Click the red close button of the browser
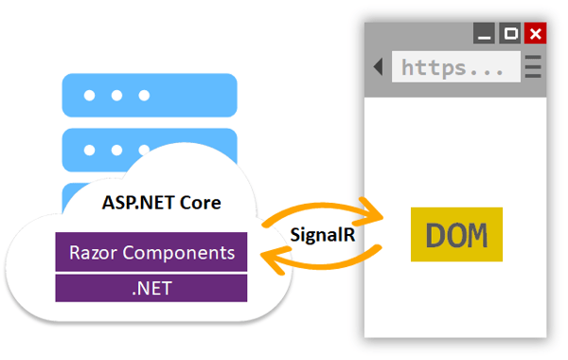tap(536, 35)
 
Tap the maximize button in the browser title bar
tap(511, 35)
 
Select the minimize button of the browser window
tap(487, 35)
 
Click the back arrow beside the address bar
tap(378, 67)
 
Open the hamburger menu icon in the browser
tap(533, 67)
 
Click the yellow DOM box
tap(457, 234)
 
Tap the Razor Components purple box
tap(151, 253)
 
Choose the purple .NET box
tap(151, 288)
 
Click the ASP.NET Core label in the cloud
tap(161, 203)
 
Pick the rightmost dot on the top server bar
tap(144, 96)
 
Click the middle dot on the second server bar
tap(116, 149)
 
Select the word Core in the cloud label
tap(202, 203)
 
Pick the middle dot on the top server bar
tap(116, 96)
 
